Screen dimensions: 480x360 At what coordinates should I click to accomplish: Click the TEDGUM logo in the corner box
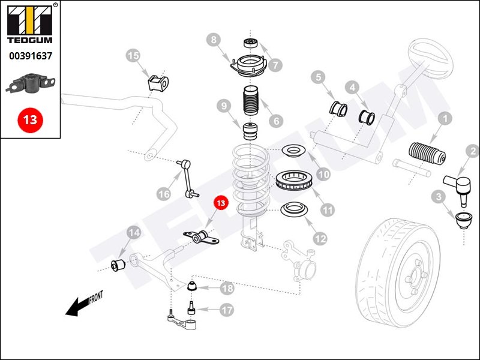click(x=29, y=24)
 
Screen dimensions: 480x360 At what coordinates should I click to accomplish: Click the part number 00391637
click(x=31, y=56)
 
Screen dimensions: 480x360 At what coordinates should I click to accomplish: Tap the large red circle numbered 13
click(x=31, y=119)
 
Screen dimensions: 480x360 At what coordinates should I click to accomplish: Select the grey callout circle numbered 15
click(x=133, y=56)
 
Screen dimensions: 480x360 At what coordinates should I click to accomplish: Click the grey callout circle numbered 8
click(x=214, y=40)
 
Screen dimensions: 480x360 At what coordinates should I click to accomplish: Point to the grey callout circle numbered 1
click(x=445, y=118)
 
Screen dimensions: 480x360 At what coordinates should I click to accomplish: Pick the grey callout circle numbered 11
click(x=328, y=210)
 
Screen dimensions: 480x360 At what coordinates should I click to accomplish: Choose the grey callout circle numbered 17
click(x=227, y=310)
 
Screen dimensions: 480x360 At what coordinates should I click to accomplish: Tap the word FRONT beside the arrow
click(x=96, y=297)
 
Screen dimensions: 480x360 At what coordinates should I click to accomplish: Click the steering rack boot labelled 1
click(x=427, y=154)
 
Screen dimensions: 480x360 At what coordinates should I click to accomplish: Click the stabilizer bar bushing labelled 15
click(x=158, y=83)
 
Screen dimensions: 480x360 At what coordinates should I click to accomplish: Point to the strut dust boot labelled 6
click(x=250, y=101)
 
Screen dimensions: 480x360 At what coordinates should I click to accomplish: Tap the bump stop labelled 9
click(x=250, y=131)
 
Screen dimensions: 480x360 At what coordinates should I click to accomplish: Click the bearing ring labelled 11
click(x=294, y=181)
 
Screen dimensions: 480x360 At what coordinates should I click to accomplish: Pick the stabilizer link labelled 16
click(x=188, y=178)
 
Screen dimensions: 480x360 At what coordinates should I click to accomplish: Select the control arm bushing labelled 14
click(x=118, y=265)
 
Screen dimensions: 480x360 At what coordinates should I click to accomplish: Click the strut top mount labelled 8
click(x=249, y=66)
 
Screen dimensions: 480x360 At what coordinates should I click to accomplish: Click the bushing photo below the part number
click(x=31, y=83)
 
